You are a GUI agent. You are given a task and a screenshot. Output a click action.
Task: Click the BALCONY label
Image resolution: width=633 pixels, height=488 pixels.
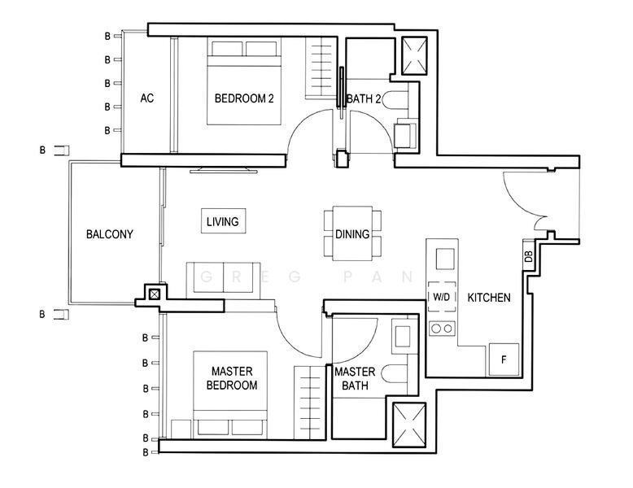109,234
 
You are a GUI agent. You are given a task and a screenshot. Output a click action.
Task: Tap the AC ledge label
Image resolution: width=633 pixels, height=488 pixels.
147,98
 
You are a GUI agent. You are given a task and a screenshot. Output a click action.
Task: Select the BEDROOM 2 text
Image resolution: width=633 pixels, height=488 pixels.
244,98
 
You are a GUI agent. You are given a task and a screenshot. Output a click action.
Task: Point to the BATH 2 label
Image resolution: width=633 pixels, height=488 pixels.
364,99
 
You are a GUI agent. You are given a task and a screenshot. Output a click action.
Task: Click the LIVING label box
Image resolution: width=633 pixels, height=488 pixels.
223,220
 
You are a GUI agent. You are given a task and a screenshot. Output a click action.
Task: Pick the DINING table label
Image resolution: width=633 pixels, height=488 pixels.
352,233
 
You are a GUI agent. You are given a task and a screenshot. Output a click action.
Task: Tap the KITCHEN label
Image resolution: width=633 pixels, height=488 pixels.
489,298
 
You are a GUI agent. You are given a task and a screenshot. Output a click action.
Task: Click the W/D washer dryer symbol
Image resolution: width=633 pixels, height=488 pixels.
441,297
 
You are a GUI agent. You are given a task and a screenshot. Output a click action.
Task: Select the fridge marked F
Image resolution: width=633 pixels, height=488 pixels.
504,359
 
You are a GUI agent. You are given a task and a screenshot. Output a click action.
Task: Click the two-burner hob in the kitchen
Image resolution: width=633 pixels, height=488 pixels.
442,329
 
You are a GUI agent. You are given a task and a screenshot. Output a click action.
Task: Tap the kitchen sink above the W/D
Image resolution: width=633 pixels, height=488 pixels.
445,259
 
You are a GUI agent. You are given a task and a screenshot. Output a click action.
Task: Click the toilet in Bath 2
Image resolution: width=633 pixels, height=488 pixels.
395,100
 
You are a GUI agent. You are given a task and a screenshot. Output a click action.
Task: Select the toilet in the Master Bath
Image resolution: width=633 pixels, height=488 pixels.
394,374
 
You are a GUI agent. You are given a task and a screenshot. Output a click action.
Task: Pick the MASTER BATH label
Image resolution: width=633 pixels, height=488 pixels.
355,379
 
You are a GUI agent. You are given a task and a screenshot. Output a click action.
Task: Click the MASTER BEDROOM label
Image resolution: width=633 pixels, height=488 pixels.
232,378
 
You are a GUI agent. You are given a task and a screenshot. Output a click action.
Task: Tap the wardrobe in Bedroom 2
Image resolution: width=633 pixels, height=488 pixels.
321,68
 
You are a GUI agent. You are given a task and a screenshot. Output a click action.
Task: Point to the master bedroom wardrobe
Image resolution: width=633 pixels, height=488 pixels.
310,403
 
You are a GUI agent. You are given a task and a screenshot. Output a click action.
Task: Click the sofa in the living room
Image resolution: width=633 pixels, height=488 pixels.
223,281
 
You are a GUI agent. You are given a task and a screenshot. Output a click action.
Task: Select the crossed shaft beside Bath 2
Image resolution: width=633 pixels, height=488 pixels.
415,56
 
